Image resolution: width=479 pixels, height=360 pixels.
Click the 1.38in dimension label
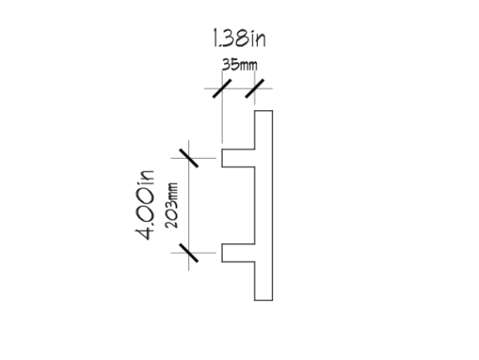[x=239, y=38]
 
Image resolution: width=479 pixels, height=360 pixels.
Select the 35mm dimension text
[x=239, y=65]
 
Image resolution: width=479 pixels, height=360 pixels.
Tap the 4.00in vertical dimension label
[x=145, y=205]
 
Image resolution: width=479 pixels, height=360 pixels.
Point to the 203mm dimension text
[x=171, y=205]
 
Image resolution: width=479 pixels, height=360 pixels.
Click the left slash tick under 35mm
[x=222, y=88]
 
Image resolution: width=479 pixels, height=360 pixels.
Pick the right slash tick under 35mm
[x=255, y=88]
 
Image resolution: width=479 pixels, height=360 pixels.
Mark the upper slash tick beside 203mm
[x=189, y=158]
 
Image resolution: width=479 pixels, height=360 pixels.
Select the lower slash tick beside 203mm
[x=189, y=253]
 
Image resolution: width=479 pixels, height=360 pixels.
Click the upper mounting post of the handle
[x=239, y=158]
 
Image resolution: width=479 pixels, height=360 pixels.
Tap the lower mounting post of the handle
[x=239, y=253]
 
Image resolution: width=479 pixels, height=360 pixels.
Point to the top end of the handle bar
[x=264, y=111]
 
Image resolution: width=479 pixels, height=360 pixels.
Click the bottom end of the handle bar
[x=264, y=300]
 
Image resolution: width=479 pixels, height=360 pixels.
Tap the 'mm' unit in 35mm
[x=249, y=66]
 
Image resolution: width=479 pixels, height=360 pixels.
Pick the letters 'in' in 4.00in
[x=146, y=177]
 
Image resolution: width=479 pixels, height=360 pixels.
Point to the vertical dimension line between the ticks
[x=189, y=205]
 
